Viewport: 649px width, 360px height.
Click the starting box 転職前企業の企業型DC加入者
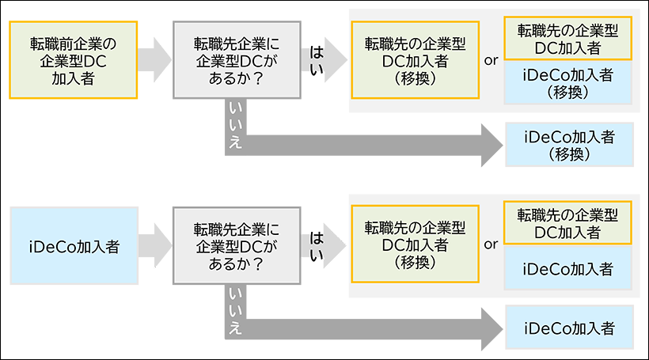(x=73, y=59)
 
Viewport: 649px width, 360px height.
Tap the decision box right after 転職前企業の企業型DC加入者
(x=237, y=59)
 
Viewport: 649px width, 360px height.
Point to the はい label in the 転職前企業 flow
(x=317, y=58)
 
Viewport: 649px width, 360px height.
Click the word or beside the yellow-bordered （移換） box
(x=491, y=59)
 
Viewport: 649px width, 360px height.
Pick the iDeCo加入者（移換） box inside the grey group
(x=569, y=82)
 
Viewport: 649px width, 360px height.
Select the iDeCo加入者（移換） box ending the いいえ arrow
(x=569, y=144)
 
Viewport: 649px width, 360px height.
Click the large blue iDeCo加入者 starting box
(x=73, y=246)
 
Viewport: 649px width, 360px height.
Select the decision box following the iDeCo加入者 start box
(x=237, y=246)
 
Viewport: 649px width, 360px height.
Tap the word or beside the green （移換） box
(x=491, y=244)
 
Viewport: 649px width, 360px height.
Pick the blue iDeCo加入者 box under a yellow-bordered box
(x=569, y=268)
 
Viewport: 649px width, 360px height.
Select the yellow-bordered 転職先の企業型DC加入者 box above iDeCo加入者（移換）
(x=569, y=39)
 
